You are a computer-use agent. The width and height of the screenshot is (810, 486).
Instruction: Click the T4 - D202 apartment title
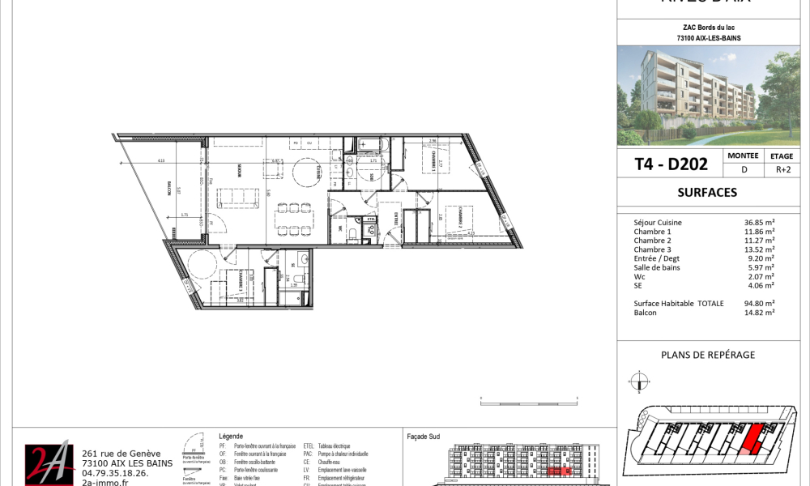(671, 164)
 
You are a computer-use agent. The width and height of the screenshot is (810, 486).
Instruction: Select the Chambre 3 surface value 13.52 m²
(759, 249)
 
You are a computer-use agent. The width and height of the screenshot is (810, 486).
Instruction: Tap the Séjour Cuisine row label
(658, 223)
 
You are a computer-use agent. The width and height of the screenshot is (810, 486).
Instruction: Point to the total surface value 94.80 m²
(759, 303)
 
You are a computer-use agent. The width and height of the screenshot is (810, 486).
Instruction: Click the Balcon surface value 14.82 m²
(759, 312)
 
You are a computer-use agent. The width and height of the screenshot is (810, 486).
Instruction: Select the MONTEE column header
(743, 156)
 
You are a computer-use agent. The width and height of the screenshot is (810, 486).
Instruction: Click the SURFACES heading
(707, 193)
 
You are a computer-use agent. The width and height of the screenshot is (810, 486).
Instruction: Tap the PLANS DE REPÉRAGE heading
(708, 355)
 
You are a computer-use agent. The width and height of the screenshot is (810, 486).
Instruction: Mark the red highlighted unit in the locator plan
(752, 440)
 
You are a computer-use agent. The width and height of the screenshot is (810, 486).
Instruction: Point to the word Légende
(231, 436)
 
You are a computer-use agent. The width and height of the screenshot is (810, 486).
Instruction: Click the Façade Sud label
(422, 436)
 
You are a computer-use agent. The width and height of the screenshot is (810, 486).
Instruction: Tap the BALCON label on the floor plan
(169, 190)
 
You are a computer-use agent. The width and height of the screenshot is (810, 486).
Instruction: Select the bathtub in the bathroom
(373, 145)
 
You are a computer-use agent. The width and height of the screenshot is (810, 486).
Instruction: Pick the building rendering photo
(713, 96)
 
